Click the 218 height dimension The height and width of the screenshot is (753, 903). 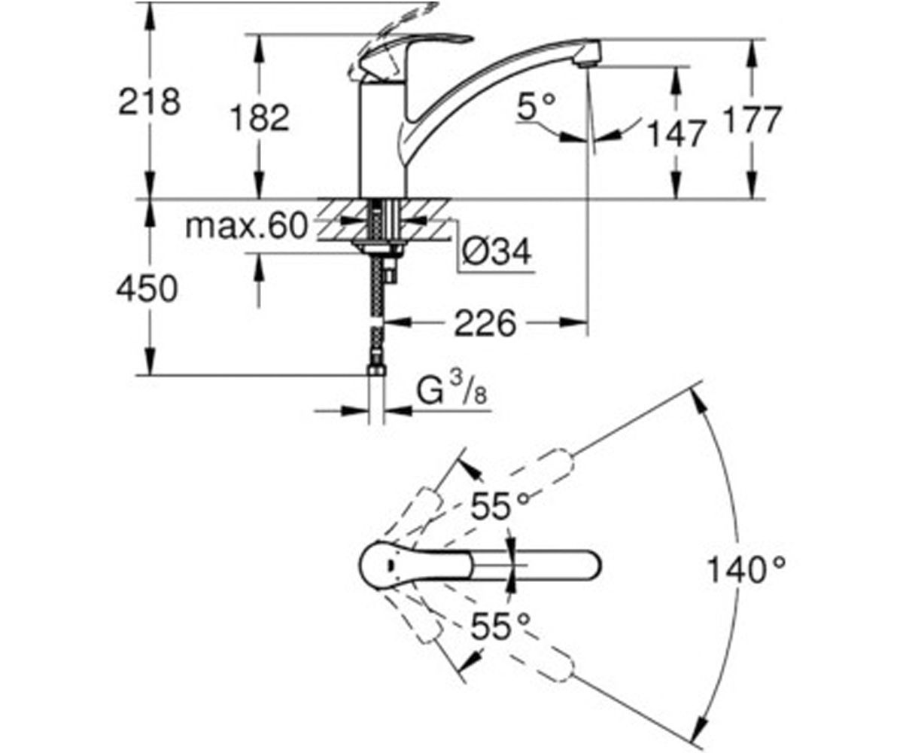(x=149, y=102)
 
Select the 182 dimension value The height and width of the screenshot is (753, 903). (x=260, y=118)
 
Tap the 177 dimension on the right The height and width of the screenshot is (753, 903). (x=752, y=120)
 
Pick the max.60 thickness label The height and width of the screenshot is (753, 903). (x=247, y=225)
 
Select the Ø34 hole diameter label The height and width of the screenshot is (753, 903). (x=497, y=252)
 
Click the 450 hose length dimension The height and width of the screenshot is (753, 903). (x=147, y=288)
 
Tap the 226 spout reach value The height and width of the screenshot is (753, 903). (x=485, y=323)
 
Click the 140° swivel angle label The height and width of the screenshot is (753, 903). (x=746, y=570)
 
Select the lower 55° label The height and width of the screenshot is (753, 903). (x=500, y=626)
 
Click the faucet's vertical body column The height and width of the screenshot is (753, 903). (x=383, y=139)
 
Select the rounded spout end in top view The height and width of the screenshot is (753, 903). (x=588, y=566)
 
